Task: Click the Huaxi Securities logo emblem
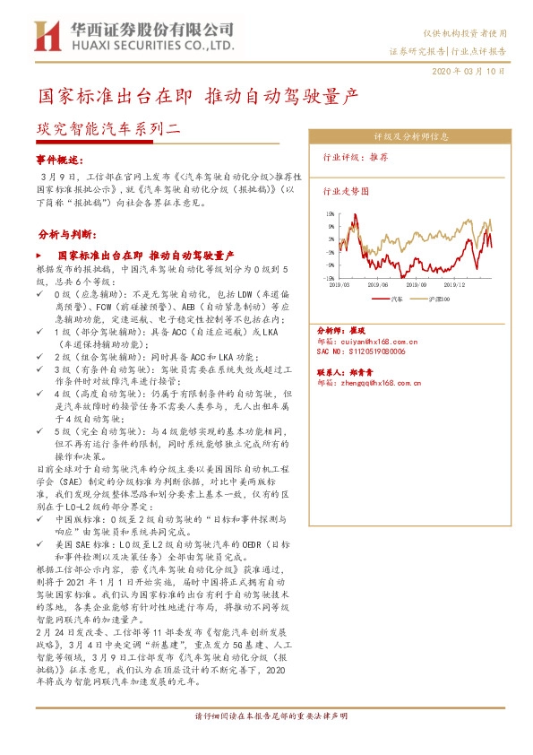45,36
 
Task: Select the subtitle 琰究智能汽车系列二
108,129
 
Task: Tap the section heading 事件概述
58,160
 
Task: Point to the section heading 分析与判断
64,235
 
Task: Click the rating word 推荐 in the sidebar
378,156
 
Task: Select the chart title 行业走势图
345,191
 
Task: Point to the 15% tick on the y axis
331,215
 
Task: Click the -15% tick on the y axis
330,279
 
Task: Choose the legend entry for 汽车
392,298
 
